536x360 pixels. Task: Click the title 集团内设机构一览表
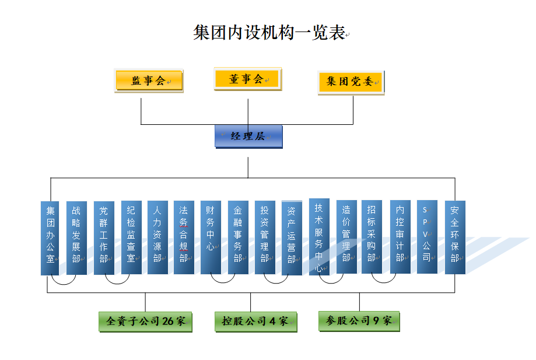pyautogui.click(x=269, y=33)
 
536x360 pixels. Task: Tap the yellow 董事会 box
pyautogui.click(x=247, y=79)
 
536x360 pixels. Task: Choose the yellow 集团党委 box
pyautogui.click(x=351, y=82)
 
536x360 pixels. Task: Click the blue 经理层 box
pyautogui.click(x=248, y=136)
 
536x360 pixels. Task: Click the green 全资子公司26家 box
pyautogui.click(x=145, y=321)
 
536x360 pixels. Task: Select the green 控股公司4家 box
pyautogui.click(x=255, y=321)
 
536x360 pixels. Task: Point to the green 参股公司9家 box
pyautogui.click(x=359, y=320)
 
